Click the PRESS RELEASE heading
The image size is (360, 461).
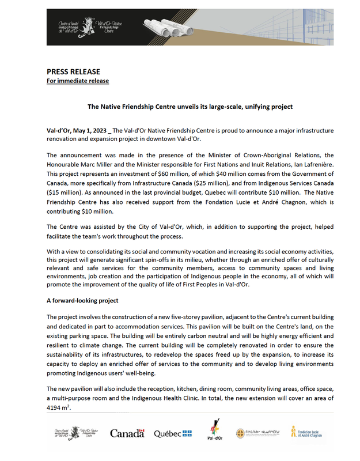[x=73, y=71]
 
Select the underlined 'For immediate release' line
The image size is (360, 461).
[x=77, y=81]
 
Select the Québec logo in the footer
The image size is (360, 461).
[x=172, y=433]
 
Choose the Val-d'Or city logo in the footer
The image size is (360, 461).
[x=215, y=432]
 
